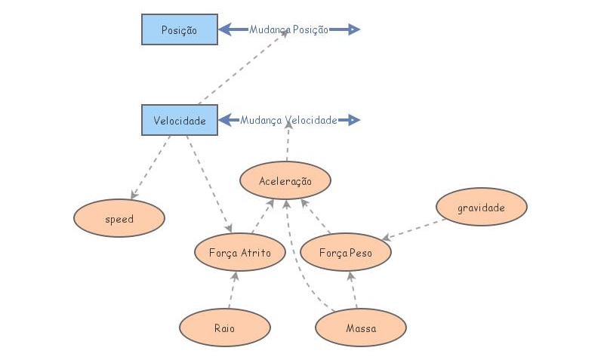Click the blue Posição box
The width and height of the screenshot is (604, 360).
180,29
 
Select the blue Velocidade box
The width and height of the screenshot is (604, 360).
180,120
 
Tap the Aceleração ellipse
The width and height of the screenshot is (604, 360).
285,181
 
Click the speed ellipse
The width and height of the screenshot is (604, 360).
119,219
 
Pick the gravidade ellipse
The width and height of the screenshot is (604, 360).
481,207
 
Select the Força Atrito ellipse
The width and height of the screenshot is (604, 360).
240,252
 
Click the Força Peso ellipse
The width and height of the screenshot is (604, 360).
346,252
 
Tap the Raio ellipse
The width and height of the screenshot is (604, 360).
224,328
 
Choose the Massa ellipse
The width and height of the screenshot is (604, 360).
360,328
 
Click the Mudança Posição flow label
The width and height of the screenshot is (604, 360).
289,29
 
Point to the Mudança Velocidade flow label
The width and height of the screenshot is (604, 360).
289,120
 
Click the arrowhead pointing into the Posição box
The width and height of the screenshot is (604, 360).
225,29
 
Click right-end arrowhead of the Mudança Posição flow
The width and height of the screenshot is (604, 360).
354,29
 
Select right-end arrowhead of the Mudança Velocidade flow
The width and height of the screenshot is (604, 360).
354,120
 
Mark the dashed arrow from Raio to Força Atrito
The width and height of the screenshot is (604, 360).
233,290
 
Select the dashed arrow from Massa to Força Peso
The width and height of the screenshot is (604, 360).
353,290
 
